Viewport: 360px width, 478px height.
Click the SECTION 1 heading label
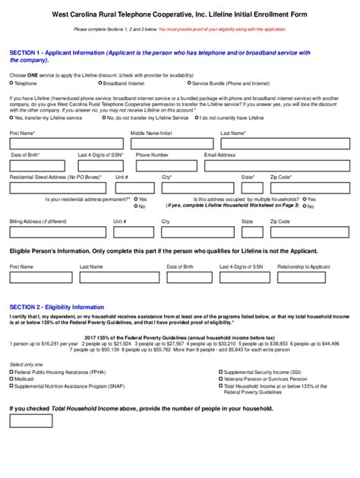tap(30, 52)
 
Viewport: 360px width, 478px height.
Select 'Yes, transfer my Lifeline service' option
tap(12, 118)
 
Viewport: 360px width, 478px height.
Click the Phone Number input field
tap(166, 164)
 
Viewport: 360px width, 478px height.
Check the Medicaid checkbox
tap(12, 379)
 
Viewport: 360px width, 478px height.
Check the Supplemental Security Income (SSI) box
tap(220, 372)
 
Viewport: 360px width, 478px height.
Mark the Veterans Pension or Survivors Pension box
tap(220, 379)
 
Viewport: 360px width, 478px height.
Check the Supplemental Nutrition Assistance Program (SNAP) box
tap(12, 385)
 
